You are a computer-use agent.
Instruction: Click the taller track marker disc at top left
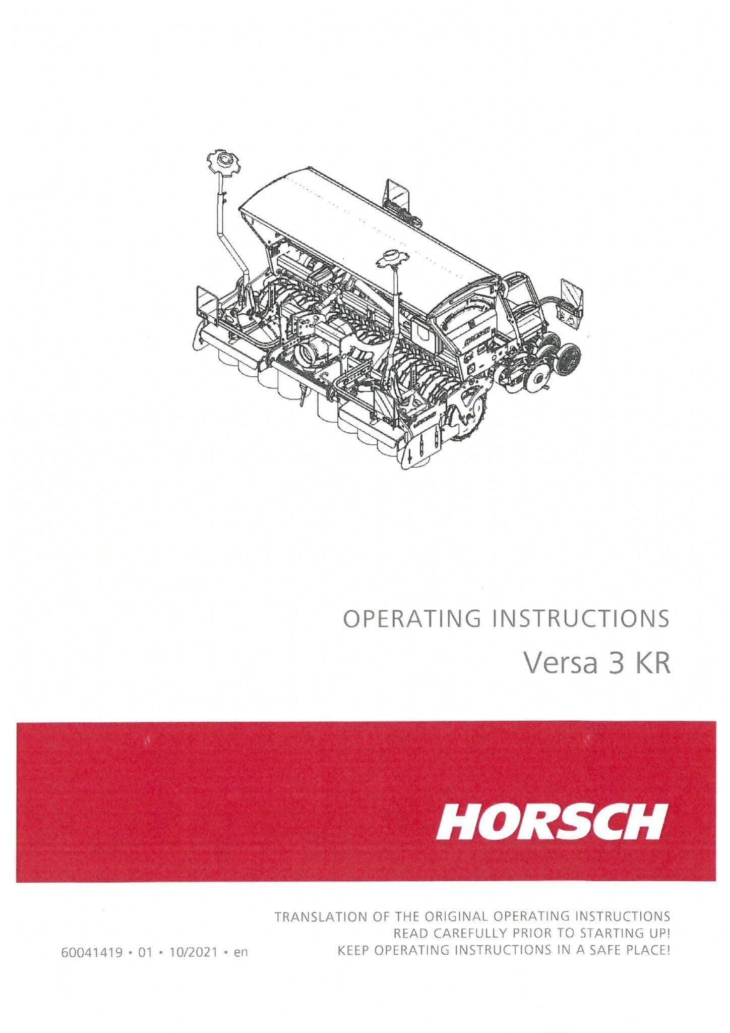[220, 161]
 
